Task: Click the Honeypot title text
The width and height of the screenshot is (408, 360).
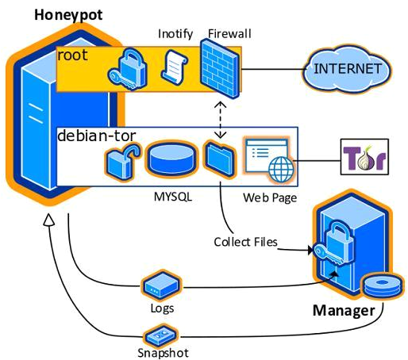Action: click(x=68, y=15)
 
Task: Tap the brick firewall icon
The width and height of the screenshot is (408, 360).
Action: click(x=220, y=68)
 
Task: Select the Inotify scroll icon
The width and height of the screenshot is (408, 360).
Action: click(x=175, y=66)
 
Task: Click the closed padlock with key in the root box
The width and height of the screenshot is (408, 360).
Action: click(x=128, y=69)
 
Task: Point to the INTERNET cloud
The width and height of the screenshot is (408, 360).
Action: click(x=347, y=69)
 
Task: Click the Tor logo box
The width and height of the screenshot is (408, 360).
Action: click(x=364, y=157)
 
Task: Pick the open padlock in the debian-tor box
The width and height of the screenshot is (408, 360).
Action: click(x=122, y=161)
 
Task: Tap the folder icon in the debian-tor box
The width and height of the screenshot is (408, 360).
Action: click(x=219, y=159)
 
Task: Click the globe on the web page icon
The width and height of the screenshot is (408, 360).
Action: click(x=281, y=169)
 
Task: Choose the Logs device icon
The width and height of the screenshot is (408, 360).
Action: click(x=162, y=285)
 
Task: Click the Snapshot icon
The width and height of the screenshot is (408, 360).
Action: click(x=161, y=335)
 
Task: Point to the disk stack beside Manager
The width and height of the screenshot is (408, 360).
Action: click(x=383, y=286)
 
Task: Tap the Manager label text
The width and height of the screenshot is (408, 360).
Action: click(x=344, y=311)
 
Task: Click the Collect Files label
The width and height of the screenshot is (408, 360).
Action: click(x=245, y=242)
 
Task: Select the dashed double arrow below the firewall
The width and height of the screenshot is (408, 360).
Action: click(x=220, y=120)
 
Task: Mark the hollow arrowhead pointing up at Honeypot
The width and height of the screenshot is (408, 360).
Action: click(x=48, y=220)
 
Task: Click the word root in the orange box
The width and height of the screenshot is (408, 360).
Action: click(x=72, y=56)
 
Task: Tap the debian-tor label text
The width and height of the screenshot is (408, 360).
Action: click(x=97, y=136)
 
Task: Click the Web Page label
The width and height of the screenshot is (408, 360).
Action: click(x=270, y=197)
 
